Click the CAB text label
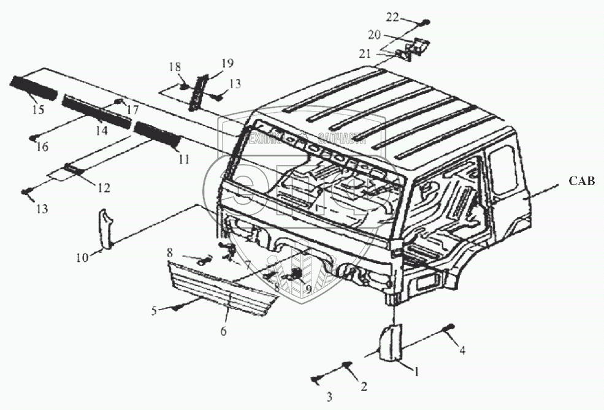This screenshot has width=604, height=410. click(x=581, y=181)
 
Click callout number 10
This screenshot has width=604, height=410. click(x=82, y=257)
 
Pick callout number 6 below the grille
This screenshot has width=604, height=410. click(x=223, y=332)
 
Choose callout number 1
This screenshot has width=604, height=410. click(x=418, y=370)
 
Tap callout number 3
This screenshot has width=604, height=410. click(x=329, y=397)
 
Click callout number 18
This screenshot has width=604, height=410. click(x=175, y=66)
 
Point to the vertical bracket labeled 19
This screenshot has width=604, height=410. click(x=197, y=91)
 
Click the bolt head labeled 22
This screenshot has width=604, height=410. click(x=425, y=23)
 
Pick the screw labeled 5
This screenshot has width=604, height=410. click(x=175, y=308)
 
